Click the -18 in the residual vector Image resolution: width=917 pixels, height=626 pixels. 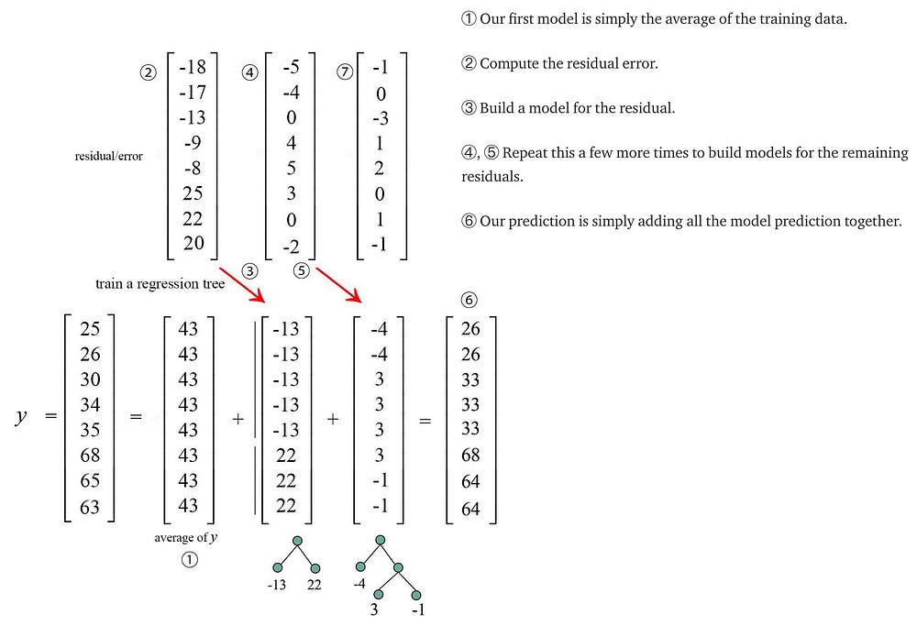pos(193,67)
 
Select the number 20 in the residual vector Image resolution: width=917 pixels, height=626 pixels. pos(193,243)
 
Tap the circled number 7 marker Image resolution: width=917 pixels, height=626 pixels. pos(345,71)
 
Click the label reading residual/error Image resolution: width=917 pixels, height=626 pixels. pos(109,156)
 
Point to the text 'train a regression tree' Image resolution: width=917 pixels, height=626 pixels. pos(160,284)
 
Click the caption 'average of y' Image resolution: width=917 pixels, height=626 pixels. pos(186,537)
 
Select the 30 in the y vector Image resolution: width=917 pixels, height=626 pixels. pos(90,379)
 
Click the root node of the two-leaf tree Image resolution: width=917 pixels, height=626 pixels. pos(297,541)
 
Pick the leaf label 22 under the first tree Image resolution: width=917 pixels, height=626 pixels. pos(314,585)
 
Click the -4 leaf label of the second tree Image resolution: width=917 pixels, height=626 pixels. pos(359,583)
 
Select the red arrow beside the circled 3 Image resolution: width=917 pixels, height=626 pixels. pos(242,285)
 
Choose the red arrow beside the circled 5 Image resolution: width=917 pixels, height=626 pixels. pos(338,285)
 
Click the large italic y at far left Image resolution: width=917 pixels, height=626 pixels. pos(21,417)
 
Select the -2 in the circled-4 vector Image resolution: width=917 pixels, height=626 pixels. pos(292,247)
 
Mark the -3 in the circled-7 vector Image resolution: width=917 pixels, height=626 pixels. pos(381,118)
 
